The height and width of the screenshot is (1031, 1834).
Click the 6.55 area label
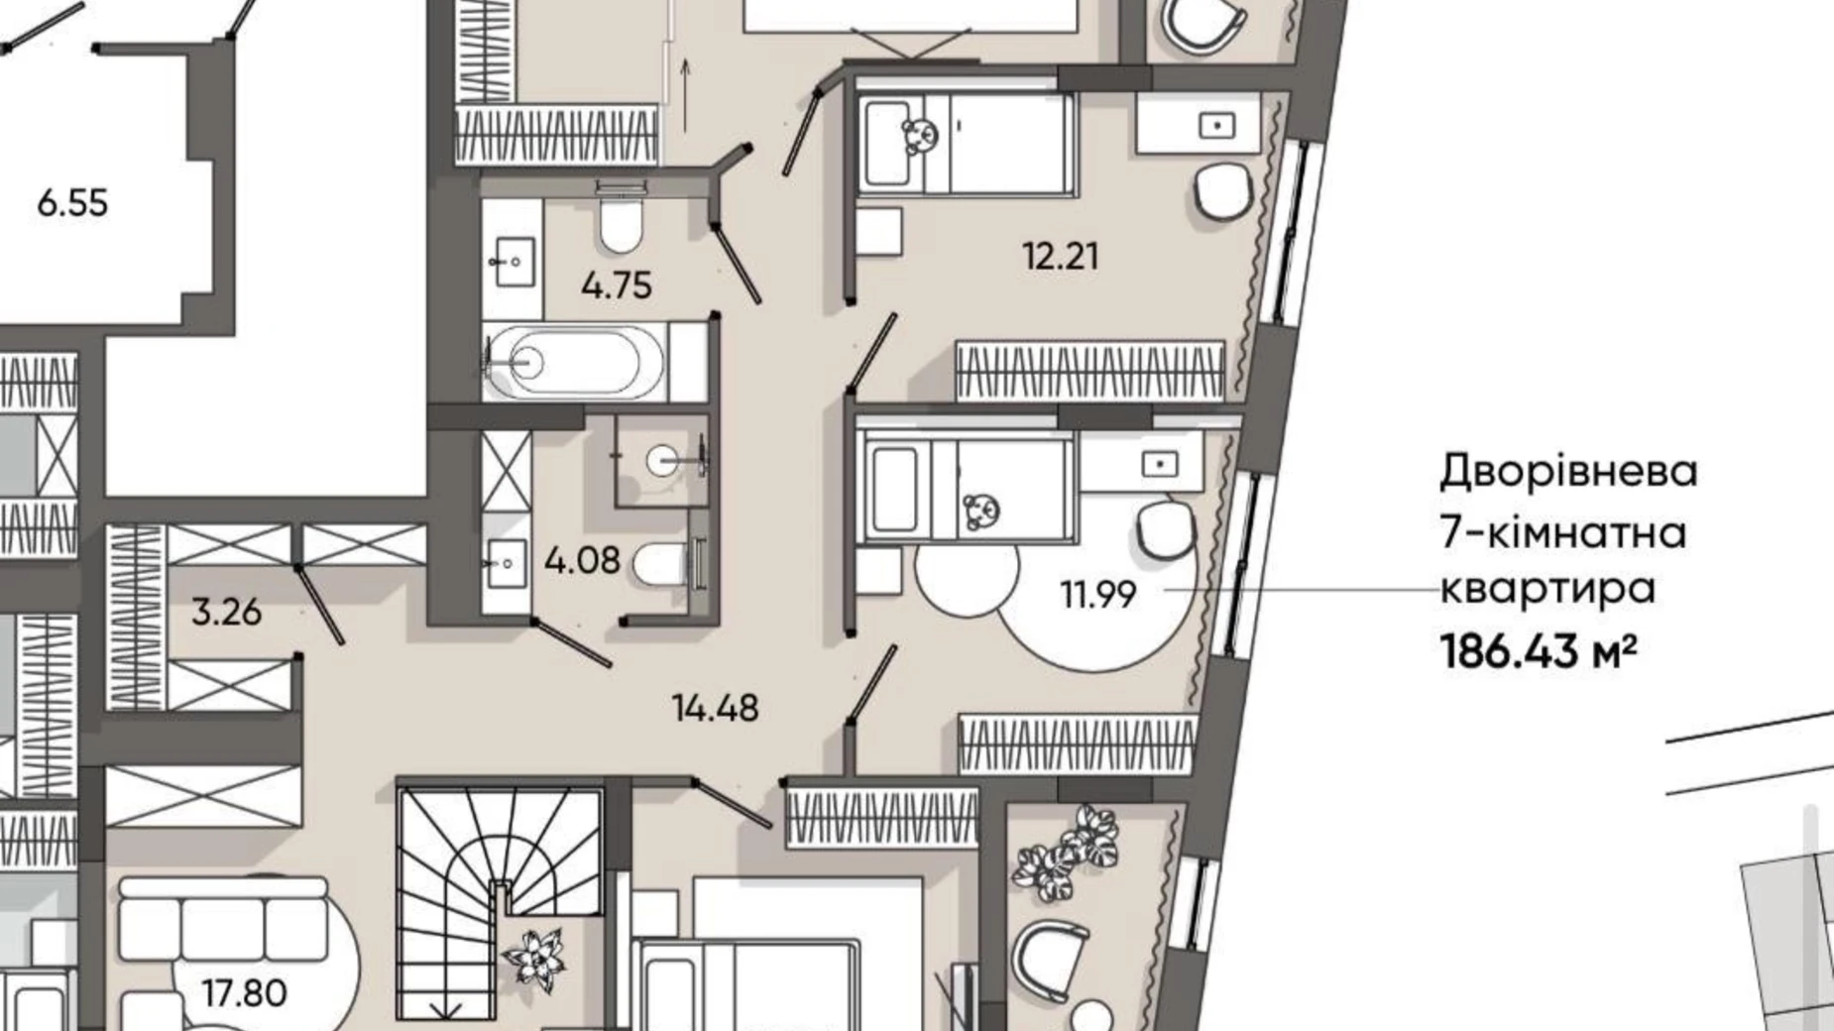72,203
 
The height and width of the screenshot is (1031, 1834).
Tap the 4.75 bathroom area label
617,286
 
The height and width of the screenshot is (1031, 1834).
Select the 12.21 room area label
1061,257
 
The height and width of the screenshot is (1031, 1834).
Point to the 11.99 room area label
1098,595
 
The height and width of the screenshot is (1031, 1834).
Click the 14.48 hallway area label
715,708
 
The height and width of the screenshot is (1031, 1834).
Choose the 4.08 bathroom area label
582,561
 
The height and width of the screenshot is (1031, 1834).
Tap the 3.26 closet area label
226,612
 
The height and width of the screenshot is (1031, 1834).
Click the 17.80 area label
245,992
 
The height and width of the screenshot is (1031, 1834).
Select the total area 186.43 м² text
1538,652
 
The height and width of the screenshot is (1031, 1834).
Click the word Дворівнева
1568,472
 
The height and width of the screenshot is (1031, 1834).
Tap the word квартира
1547,589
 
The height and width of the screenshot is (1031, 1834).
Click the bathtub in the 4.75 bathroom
575,362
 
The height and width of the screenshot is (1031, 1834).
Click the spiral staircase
501,902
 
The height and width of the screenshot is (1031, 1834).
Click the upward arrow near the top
685,94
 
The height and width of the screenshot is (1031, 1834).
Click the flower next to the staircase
535,959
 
